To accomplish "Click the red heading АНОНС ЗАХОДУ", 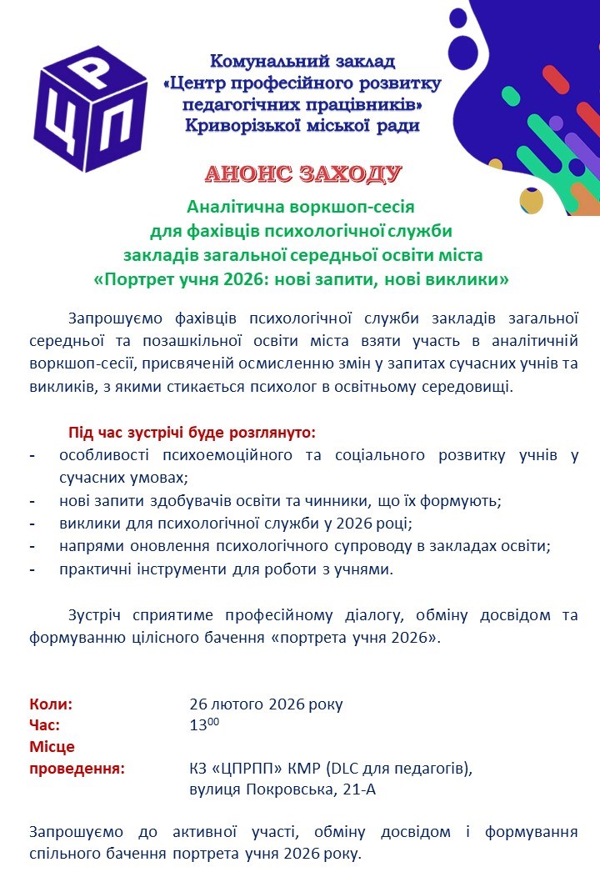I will click(x=303, y=174).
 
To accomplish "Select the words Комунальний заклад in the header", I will click(x=302, y=61).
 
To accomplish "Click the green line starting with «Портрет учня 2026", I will click(x=302, y=278).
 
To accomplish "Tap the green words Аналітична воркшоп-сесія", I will click(x=302, y=206).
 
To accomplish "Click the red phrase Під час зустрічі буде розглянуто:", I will click(x=192, y=433).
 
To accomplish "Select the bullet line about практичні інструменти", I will click(x=226, y=569).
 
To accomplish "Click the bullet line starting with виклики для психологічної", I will click(x=236, y=524).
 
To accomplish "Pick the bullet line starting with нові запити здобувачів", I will click(x=279, y=502).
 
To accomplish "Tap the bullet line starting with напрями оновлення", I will click(x=306, y=547).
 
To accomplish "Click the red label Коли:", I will click(x=52, y=704).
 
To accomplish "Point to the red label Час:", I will click(x=45, y=725).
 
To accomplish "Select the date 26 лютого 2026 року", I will click(x=266, y=704).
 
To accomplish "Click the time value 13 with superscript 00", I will click(x=204, y=725).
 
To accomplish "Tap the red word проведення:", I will click(x=77, y=768).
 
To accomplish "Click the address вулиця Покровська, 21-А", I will click(x=282, y=789).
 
